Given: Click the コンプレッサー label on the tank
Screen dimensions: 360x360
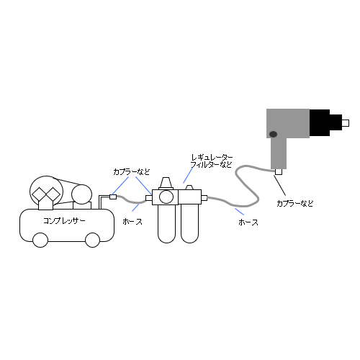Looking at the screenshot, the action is click(64, 221).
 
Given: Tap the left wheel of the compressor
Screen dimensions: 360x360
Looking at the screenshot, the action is click(40, 240).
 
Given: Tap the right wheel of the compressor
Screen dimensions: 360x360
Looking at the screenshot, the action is click(93, 240).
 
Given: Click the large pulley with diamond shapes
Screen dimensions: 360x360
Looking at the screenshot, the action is click(46, 192).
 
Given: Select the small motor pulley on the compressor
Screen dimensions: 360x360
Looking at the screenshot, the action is click(81, 194).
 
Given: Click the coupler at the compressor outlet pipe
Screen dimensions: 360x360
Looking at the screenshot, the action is click(113, 197).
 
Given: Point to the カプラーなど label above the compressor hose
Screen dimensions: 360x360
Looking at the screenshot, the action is click(132, 172).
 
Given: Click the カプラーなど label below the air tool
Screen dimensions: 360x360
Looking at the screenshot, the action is click(295, 204).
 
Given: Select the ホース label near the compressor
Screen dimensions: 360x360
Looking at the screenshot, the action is click(132, 222).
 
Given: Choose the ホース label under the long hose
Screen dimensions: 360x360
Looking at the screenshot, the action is click(248, 222).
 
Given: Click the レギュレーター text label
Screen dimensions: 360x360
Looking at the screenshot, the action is click(212, 158).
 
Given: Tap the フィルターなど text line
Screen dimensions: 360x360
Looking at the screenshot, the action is click(212, 165).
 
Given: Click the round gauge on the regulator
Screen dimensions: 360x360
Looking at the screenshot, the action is click(166, 197).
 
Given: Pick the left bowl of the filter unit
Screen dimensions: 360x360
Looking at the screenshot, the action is click(167, 224).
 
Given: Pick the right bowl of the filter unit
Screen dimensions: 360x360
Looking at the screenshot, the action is click(189, 224).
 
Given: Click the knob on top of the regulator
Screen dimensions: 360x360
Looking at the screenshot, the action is click(166, 183).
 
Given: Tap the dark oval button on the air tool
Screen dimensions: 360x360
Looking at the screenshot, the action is click(273, 134).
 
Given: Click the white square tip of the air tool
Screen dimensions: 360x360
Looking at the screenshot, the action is click(346, 123).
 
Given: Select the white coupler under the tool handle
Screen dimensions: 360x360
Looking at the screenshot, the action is click(279, 172).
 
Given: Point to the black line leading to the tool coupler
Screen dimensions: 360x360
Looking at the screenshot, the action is click(279, 185).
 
